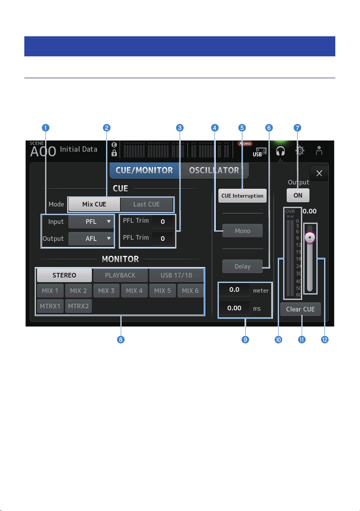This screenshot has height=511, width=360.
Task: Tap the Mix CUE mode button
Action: (x=94, y=204)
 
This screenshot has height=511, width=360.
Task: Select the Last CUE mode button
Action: (x=147, y=204)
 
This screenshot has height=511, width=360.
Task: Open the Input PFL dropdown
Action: (x=91, y=222)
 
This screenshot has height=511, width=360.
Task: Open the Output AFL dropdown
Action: (x=91, y=239)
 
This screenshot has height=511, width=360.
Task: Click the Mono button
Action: (x=243, y=231)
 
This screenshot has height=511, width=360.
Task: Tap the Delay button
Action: (x=243, y=266)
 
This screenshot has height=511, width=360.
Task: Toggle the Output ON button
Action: (x=298, y=195)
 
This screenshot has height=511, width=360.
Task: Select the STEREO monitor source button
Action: (x=64, y=275)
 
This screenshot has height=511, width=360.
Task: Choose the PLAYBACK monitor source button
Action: (x=120, y=275)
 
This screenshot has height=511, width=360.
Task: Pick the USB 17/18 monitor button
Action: (x=176, y=275)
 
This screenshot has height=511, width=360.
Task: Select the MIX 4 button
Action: (x=134, y=291)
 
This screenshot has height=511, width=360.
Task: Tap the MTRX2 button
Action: (x=78, y=306)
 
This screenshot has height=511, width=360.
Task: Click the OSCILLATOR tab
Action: (x=214, y=170)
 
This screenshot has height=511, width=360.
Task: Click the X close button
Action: (x=319, y=173)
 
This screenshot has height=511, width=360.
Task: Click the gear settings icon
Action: (x=299, y=151)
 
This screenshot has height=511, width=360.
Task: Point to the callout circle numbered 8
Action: (x=121, y=340)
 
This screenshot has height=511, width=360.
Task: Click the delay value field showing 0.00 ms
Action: (x=234, y=308)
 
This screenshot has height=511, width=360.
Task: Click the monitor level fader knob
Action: (x=310, y=237)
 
